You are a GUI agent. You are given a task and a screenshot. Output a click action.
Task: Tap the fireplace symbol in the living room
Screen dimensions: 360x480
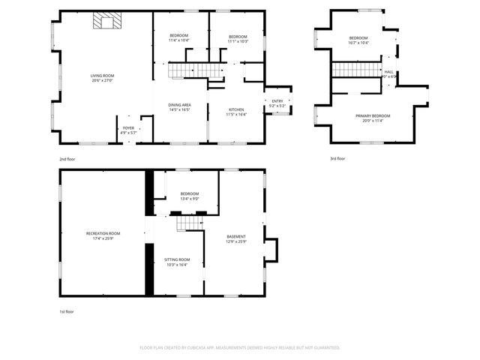coord(106,21)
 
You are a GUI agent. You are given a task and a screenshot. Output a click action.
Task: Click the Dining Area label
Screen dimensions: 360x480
coord(178,107)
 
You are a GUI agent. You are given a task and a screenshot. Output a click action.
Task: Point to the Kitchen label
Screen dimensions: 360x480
coord(236,112)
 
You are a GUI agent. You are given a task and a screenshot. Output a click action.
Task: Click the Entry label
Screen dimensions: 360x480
coord(277,103)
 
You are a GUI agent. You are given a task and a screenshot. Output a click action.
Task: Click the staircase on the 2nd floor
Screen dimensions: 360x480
coord(195,70)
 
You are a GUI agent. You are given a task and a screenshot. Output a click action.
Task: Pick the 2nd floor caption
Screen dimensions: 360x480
coord(67,159)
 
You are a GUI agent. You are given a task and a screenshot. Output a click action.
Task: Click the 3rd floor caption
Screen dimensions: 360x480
coord(337,159)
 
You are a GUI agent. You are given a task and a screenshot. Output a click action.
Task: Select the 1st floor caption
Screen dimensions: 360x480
coord(67,311)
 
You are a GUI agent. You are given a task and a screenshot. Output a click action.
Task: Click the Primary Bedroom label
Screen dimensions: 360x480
coord(373,118)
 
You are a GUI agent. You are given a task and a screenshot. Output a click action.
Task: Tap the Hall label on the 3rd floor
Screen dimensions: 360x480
coord(388,73)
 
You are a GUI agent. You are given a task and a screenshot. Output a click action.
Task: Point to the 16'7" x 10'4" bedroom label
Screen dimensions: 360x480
coord(358,40)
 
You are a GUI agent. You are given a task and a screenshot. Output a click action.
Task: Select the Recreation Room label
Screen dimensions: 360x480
coord(103,236)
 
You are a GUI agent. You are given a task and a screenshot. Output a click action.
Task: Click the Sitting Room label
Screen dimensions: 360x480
coord(176,262)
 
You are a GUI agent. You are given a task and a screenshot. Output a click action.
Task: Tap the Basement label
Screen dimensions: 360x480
coord(236,238)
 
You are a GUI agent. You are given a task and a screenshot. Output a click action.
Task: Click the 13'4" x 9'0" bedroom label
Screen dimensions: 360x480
coord(189,196)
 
